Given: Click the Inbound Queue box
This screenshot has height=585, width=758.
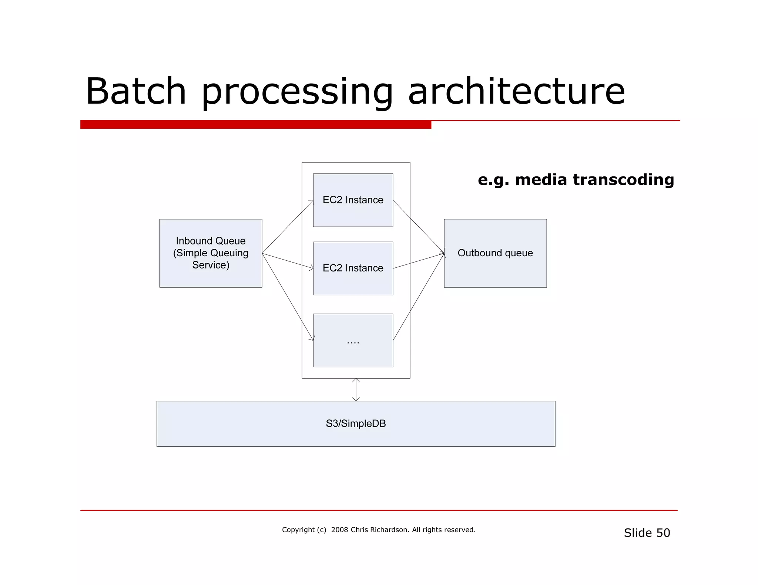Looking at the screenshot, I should click(211, 253).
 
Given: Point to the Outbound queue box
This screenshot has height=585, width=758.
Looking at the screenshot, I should click(495, 253).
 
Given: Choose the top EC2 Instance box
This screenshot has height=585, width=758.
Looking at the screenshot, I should click(353, 200).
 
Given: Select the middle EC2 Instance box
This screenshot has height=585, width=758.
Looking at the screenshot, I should click(353, 268).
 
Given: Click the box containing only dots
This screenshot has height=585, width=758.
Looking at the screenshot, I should click(353, 340).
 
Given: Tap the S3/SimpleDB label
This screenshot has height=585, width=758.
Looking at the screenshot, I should click(356, 423).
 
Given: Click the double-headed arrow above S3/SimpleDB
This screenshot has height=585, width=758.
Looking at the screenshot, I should click(356, 390).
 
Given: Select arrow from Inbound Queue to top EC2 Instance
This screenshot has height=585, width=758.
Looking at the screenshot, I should click(288, 227).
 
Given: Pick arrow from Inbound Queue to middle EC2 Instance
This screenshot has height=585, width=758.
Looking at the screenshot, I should click(288, 261).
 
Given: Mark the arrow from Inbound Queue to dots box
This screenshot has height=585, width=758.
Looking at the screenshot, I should click(288, 296).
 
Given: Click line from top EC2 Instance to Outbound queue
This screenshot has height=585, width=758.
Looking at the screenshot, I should click(418, 227).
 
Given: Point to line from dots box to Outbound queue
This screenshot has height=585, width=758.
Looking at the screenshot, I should click(418, 297).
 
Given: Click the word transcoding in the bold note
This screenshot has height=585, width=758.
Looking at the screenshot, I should click(623, 180).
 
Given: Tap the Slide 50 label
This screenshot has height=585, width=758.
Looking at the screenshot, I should click(647, 533).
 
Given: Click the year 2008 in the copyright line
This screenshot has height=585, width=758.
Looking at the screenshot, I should click(339, 530).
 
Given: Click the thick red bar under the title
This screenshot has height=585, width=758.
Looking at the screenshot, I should click(255, 125).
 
